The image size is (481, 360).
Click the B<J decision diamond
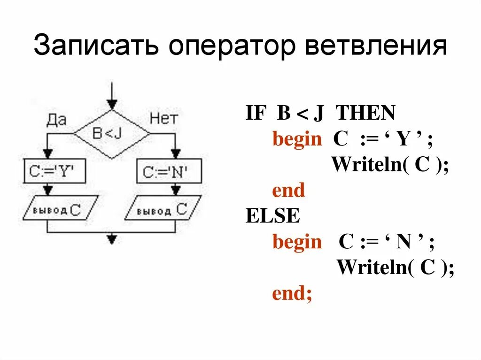112,134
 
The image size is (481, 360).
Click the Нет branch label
163,119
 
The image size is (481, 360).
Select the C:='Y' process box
55,171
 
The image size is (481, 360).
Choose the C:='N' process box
169,171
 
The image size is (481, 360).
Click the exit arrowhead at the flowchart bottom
112,239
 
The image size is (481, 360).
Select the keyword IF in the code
256,114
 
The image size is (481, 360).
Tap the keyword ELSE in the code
272,216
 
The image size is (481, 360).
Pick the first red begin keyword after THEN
297,140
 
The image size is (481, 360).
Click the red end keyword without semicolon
288,191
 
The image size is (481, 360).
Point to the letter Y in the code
403,140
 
